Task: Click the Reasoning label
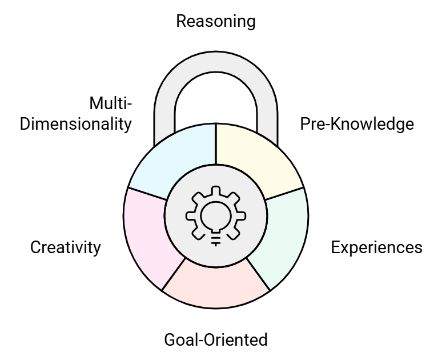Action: click(215, 21)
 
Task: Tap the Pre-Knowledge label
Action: click(357, 124)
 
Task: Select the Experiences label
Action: click(376, 247)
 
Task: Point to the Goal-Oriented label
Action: click(215, 340)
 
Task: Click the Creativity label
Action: click(65, 247)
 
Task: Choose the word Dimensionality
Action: click(76, 124)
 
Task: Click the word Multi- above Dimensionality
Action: click(111, 103)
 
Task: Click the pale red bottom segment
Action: click(215, 283)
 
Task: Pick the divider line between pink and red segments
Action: click(174, 274)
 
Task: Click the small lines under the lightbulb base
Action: click(216, 242)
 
